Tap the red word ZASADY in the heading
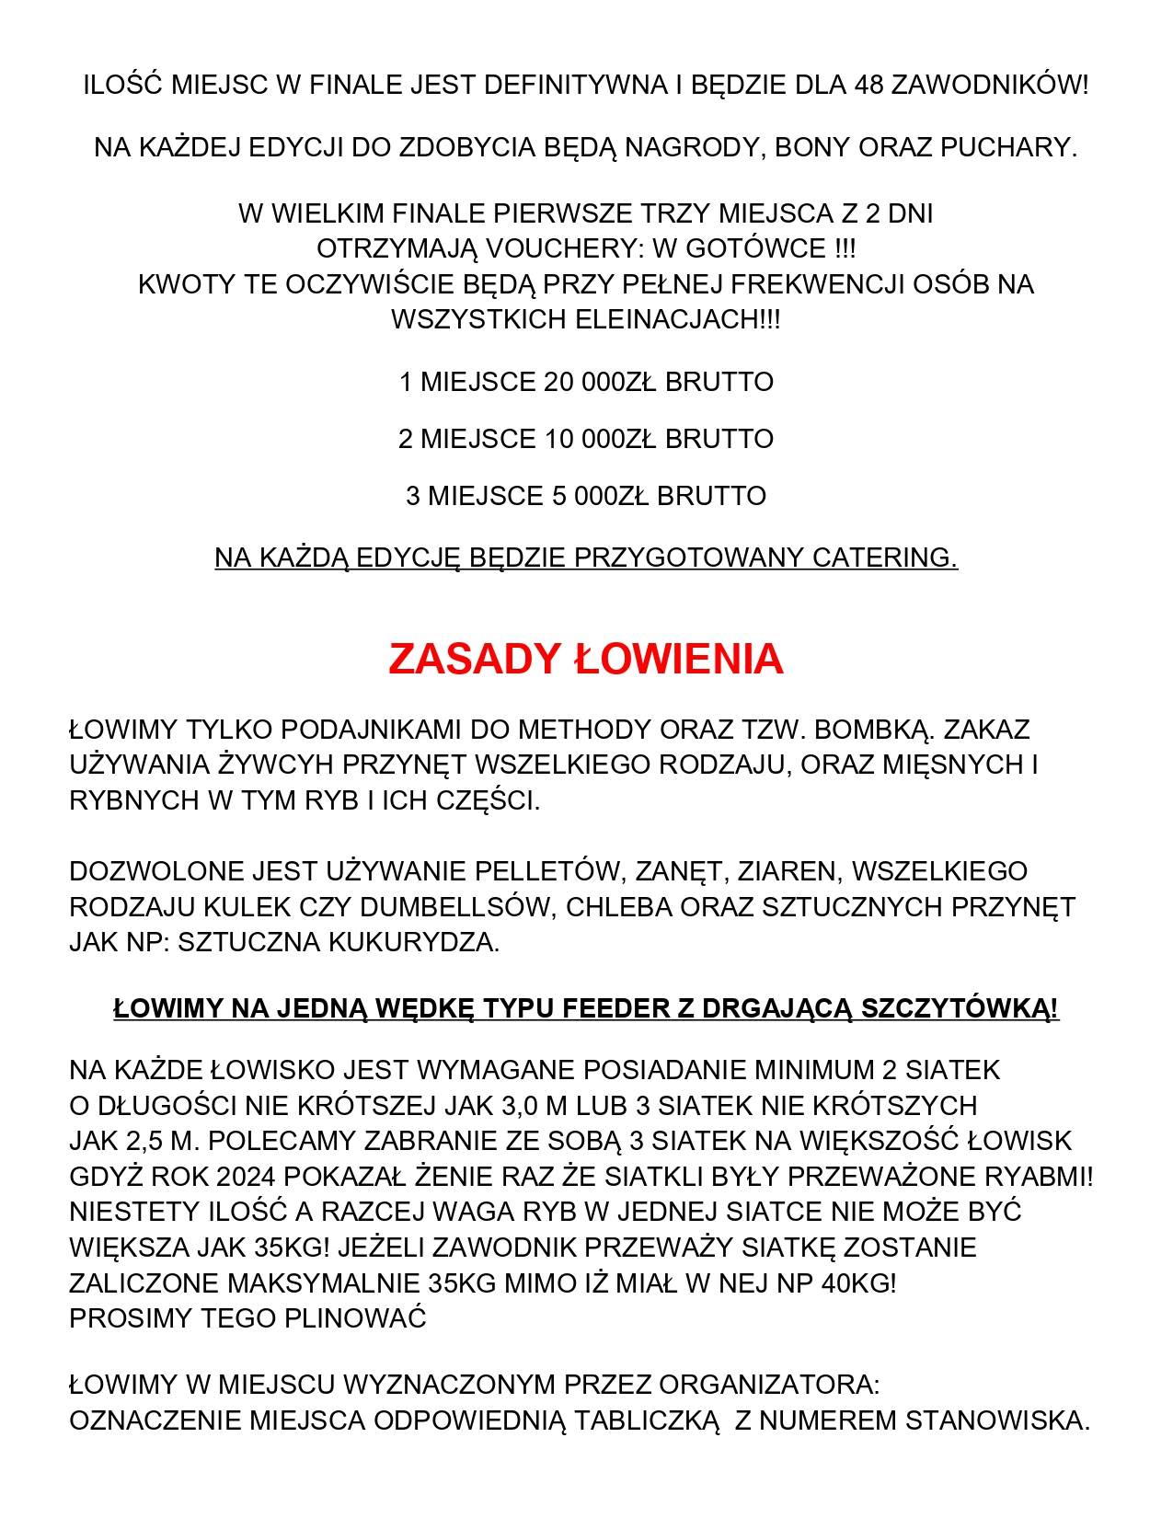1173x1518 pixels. point(474,660)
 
